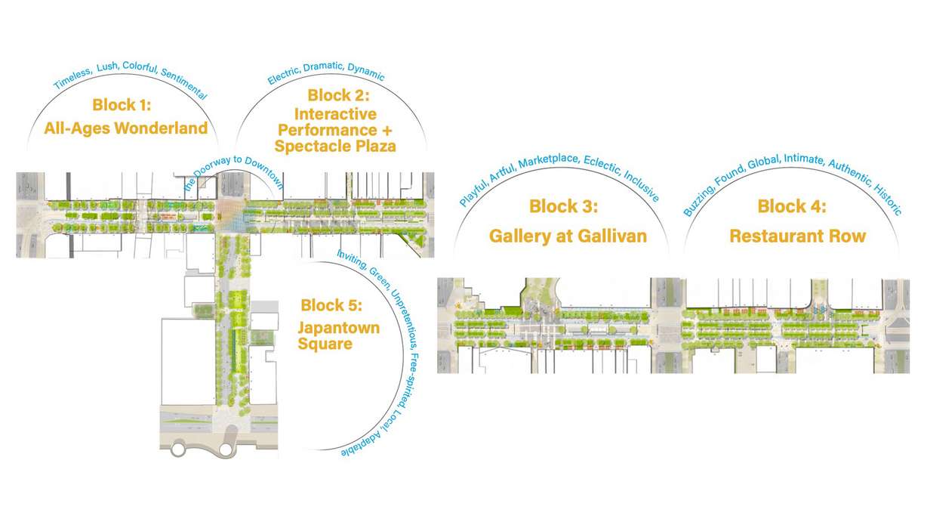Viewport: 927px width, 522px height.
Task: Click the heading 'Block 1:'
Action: [x=125, y=105]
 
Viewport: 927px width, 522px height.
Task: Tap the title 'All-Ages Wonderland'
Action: [x=125, y=128]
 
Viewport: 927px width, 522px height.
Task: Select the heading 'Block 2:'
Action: [x=338, y=96]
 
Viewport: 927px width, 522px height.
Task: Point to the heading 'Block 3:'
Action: [x=564, y=206]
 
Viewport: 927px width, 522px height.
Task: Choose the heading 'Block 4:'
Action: [x=792, y=206]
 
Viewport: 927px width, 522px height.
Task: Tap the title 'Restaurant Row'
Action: [x=797, y=236]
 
